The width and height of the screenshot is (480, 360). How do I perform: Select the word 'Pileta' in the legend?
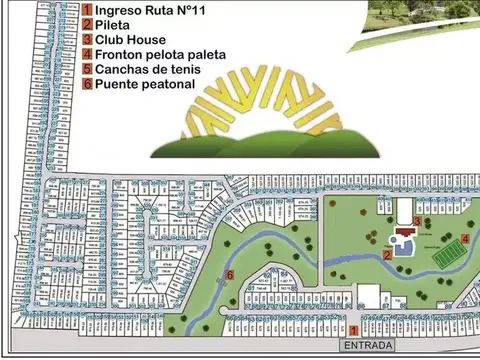click(x=115, y=26)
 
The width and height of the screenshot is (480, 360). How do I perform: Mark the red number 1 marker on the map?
click(x=353, y=329)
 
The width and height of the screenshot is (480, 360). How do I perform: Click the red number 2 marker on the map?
click(x=386, y=255)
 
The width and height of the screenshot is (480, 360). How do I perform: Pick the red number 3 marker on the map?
click(x=417, y=220)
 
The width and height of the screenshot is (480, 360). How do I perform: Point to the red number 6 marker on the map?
click(x=230, y=274)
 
